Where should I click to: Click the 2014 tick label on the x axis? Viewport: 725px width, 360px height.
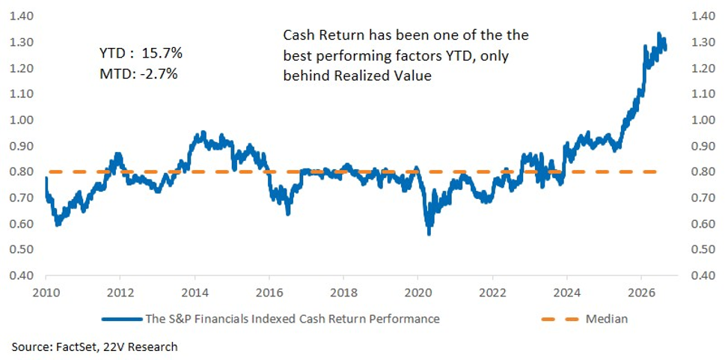(x=195, y=293)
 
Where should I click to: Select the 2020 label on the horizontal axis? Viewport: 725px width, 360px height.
(x=417, y=293)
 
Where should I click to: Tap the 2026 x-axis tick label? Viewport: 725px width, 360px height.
(x=641, y=293)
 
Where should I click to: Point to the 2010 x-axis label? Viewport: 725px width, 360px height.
(x=46, y=293)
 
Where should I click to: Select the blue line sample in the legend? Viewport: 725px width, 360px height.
(x=122, y=320)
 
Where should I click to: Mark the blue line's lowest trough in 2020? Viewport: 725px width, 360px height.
(x=429, y=234)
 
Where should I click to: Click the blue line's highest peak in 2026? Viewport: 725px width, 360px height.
(x=658, y=34)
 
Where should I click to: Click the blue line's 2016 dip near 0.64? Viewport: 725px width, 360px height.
(x=288, y=213)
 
